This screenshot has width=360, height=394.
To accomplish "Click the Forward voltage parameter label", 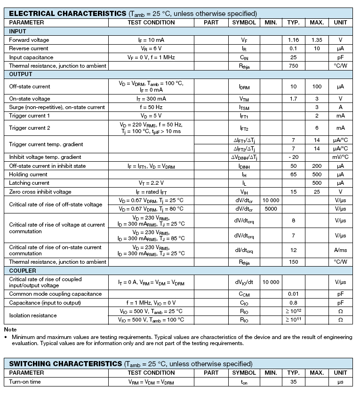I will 29,40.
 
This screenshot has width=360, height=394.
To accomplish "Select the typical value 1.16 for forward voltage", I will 293,40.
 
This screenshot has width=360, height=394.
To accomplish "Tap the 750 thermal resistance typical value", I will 293,66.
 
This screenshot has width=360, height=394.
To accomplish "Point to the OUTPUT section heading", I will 21,74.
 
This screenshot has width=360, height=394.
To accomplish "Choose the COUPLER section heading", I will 23,271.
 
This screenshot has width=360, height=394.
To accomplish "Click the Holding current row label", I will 28,174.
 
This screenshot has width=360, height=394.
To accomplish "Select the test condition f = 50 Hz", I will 151,107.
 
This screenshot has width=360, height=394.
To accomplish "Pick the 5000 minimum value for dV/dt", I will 271,209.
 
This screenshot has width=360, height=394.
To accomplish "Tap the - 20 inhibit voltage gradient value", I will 293,157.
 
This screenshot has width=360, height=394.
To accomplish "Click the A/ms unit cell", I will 340,250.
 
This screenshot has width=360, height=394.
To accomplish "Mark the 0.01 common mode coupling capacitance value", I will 293,294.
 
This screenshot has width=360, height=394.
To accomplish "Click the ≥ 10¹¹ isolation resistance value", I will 293,320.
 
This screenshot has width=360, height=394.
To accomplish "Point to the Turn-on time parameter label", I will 25,382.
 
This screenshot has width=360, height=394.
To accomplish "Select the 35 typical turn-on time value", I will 293,382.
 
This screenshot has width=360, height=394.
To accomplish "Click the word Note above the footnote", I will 10,330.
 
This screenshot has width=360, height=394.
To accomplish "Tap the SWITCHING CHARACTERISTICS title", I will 65,364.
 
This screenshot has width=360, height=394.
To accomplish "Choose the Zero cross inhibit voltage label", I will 40,192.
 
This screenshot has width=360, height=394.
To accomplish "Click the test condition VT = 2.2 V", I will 151,183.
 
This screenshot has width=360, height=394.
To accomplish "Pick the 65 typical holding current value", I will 293,174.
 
